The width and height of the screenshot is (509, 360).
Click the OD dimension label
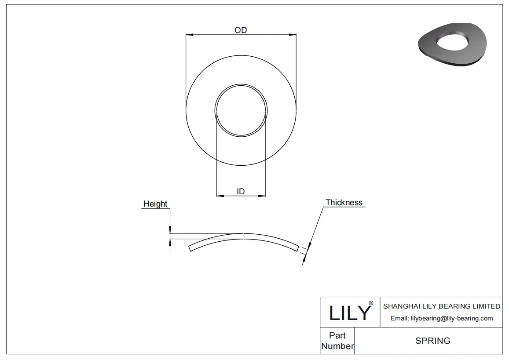(241, 30)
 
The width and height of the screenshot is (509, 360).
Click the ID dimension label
(241, 191)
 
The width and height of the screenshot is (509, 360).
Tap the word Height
(155, 204)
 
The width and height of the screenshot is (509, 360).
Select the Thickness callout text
(344, 203)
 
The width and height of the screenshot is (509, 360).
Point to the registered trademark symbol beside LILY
(370, 303)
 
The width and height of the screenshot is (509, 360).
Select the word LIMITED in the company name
(486, 306)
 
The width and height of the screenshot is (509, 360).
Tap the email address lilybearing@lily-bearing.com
(451, 319)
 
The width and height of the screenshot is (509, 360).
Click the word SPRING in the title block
(432, 341)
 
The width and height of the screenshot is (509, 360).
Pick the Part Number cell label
(337, 341)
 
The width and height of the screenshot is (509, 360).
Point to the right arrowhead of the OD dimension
(293, 34)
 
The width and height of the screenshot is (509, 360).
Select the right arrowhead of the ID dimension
(263, 195)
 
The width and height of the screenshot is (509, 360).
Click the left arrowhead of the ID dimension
(219, 195)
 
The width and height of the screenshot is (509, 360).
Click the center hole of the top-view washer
(241, 110)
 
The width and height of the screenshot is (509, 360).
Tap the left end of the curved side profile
(190, 249)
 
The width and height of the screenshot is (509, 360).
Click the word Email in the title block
(399, 319)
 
